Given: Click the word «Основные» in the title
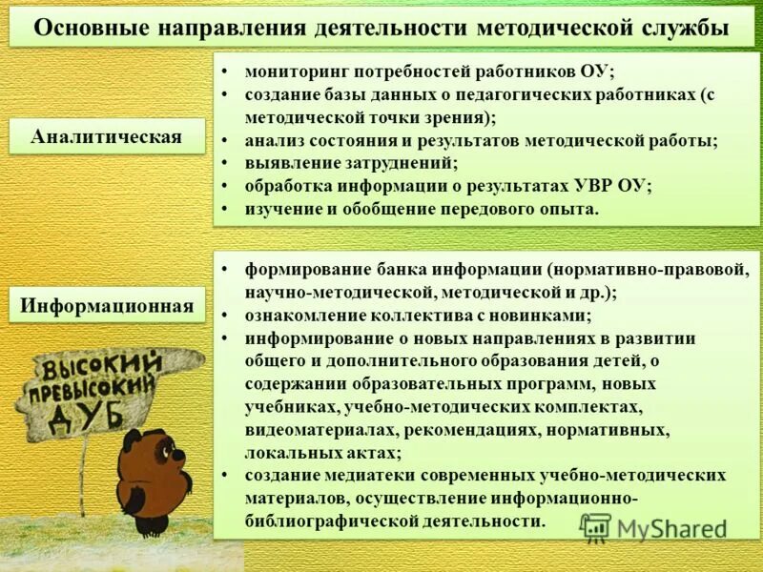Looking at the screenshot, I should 83,28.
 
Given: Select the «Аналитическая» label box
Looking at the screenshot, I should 106,136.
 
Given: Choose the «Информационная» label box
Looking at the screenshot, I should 107,307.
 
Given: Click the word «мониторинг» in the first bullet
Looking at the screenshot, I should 296,71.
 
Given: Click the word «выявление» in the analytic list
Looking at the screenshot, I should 288,163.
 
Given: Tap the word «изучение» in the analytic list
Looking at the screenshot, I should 283,209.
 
